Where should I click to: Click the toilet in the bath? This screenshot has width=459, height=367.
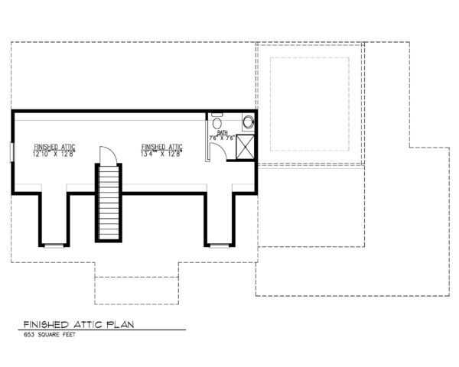tap(217, 123)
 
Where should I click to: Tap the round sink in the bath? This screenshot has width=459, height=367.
tap(247, 121)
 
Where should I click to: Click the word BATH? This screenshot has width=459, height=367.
tap(223, 133)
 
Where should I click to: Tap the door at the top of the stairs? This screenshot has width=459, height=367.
tap(109, 154)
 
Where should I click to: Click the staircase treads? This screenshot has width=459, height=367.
tap(108, 203)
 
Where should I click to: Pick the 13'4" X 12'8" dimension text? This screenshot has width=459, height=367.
tap(161, 154)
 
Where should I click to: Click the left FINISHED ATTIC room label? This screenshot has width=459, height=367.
tap(54, 147)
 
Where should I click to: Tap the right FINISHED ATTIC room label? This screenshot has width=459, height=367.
tap(161, 147)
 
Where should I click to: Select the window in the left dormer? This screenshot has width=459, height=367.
tap(53, 245)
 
